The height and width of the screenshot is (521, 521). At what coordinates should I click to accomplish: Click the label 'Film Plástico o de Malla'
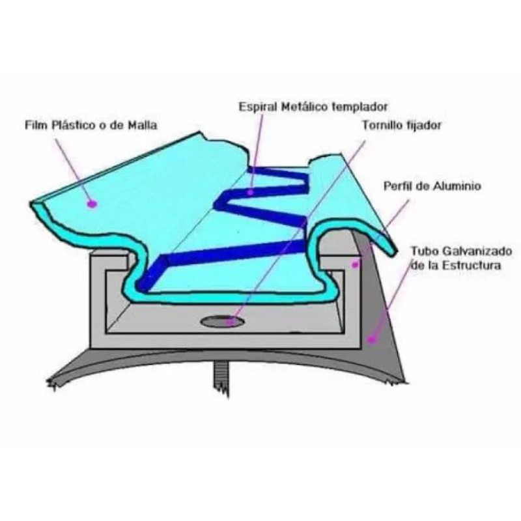[x=91, y=125]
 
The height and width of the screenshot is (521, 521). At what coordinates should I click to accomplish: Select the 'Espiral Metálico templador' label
[x=313, y=107]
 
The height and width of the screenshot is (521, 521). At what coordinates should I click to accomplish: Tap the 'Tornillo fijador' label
[x=401, y=125]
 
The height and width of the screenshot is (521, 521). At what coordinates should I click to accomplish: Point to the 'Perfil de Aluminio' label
[x=432, y=186]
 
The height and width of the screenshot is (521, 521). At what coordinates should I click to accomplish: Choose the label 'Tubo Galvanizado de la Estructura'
[x=461, y=258]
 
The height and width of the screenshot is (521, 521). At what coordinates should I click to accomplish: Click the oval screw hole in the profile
[x=223, y=321]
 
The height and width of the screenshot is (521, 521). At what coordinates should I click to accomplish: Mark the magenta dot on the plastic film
[x=92, y=204]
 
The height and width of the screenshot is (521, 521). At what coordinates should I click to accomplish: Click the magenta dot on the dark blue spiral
[x=251, y=192]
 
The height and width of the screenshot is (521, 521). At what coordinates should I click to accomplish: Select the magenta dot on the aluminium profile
[x=355, y=264]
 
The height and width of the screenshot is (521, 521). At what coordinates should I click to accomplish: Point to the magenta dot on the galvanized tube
[x=372, y=339]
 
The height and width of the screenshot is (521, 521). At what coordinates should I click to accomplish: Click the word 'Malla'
[x=141, y=125]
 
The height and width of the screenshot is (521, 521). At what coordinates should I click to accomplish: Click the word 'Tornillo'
[x=382, y=125]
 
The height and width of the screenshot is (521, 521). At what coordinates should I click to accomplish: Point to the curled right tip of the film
[x=394, y=251]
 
